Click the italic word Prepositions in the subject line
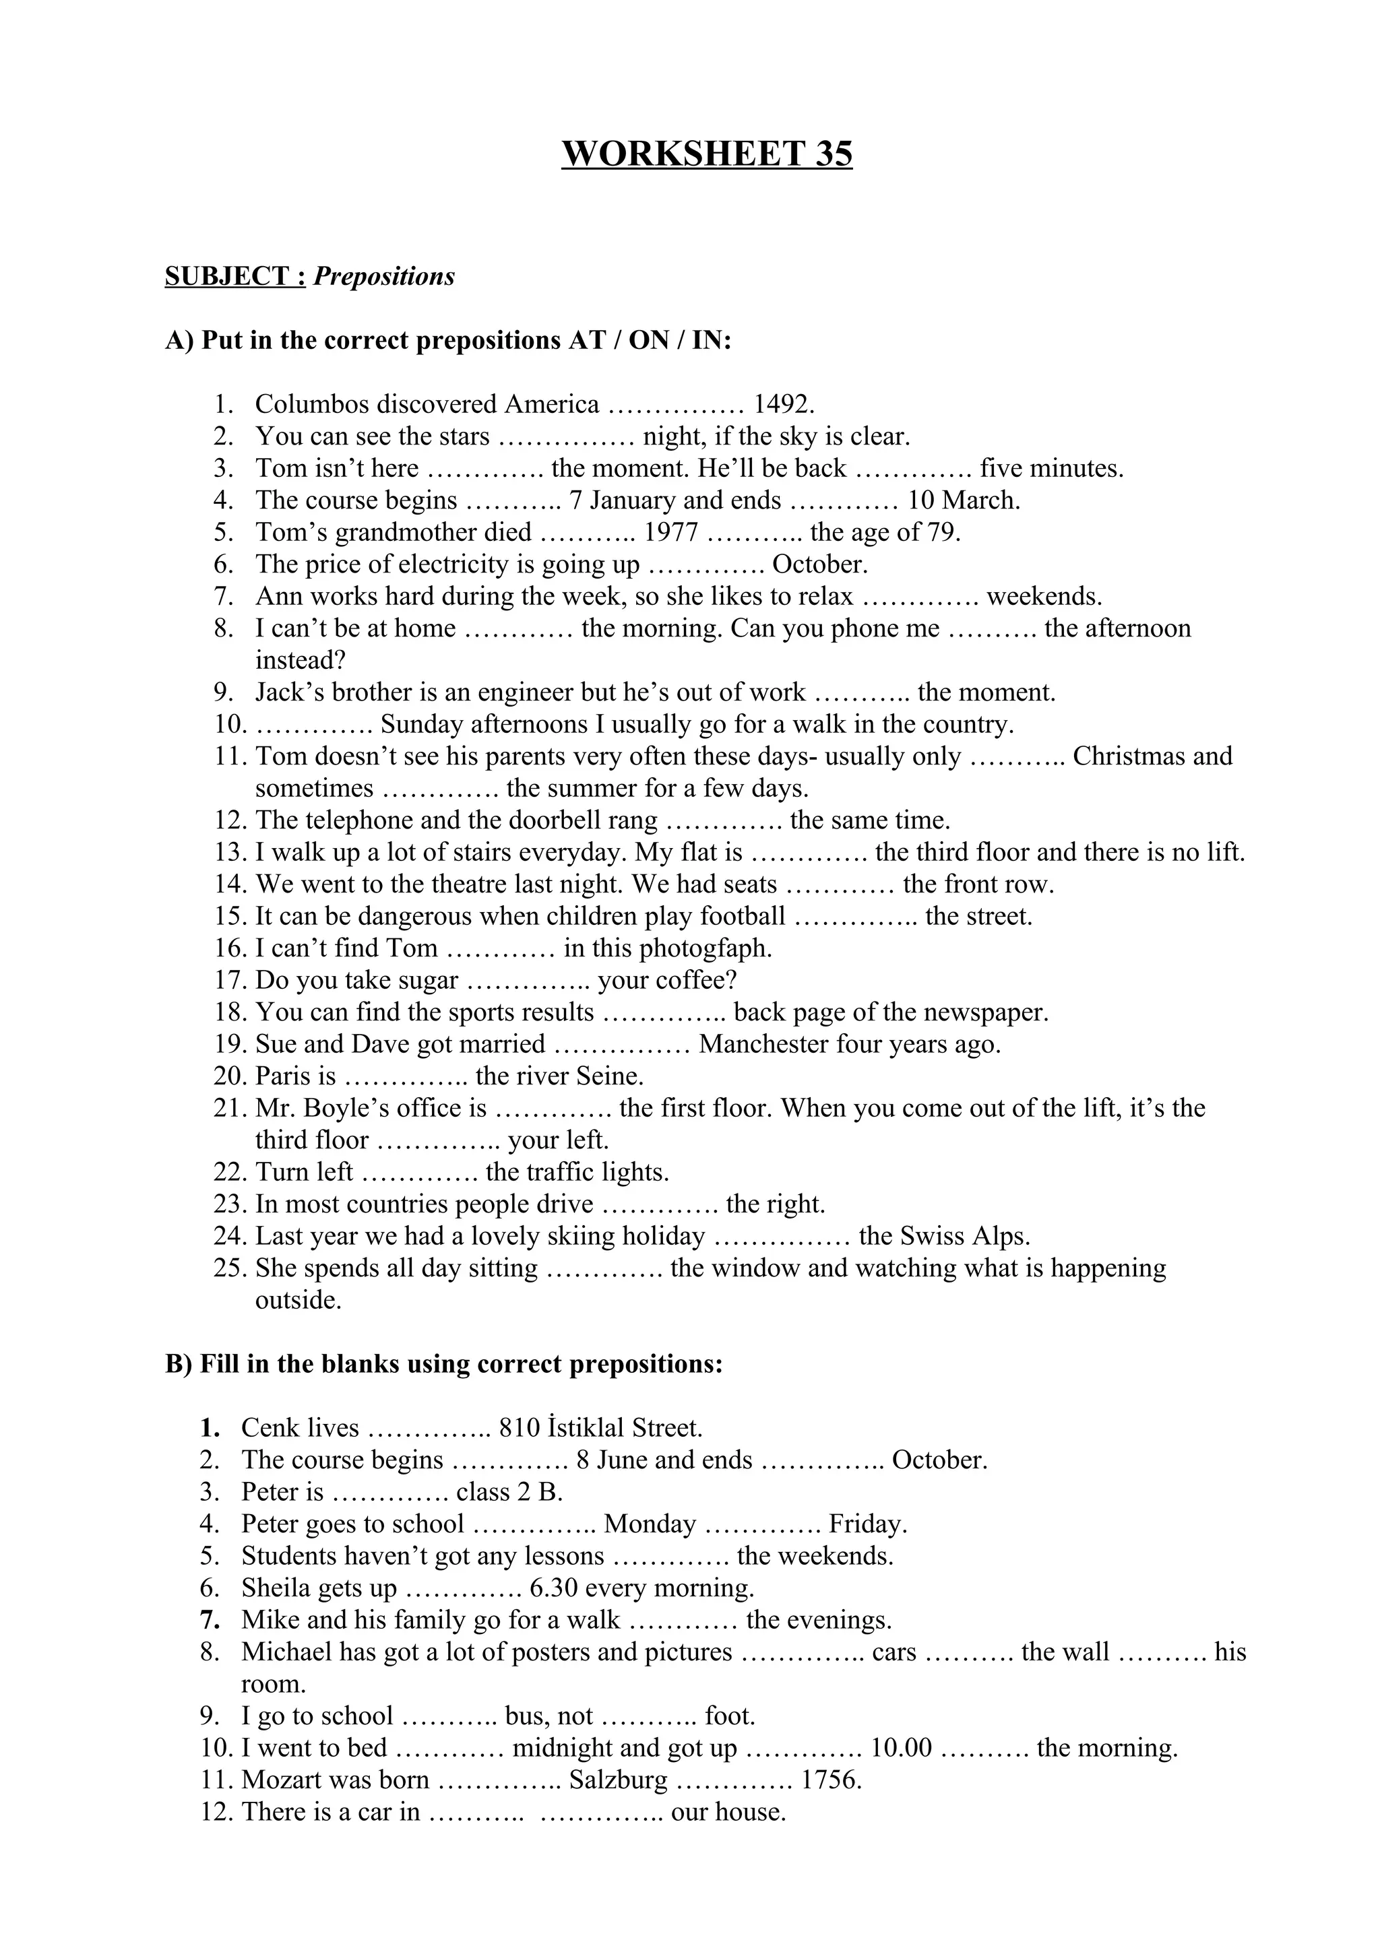point(384,276)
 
